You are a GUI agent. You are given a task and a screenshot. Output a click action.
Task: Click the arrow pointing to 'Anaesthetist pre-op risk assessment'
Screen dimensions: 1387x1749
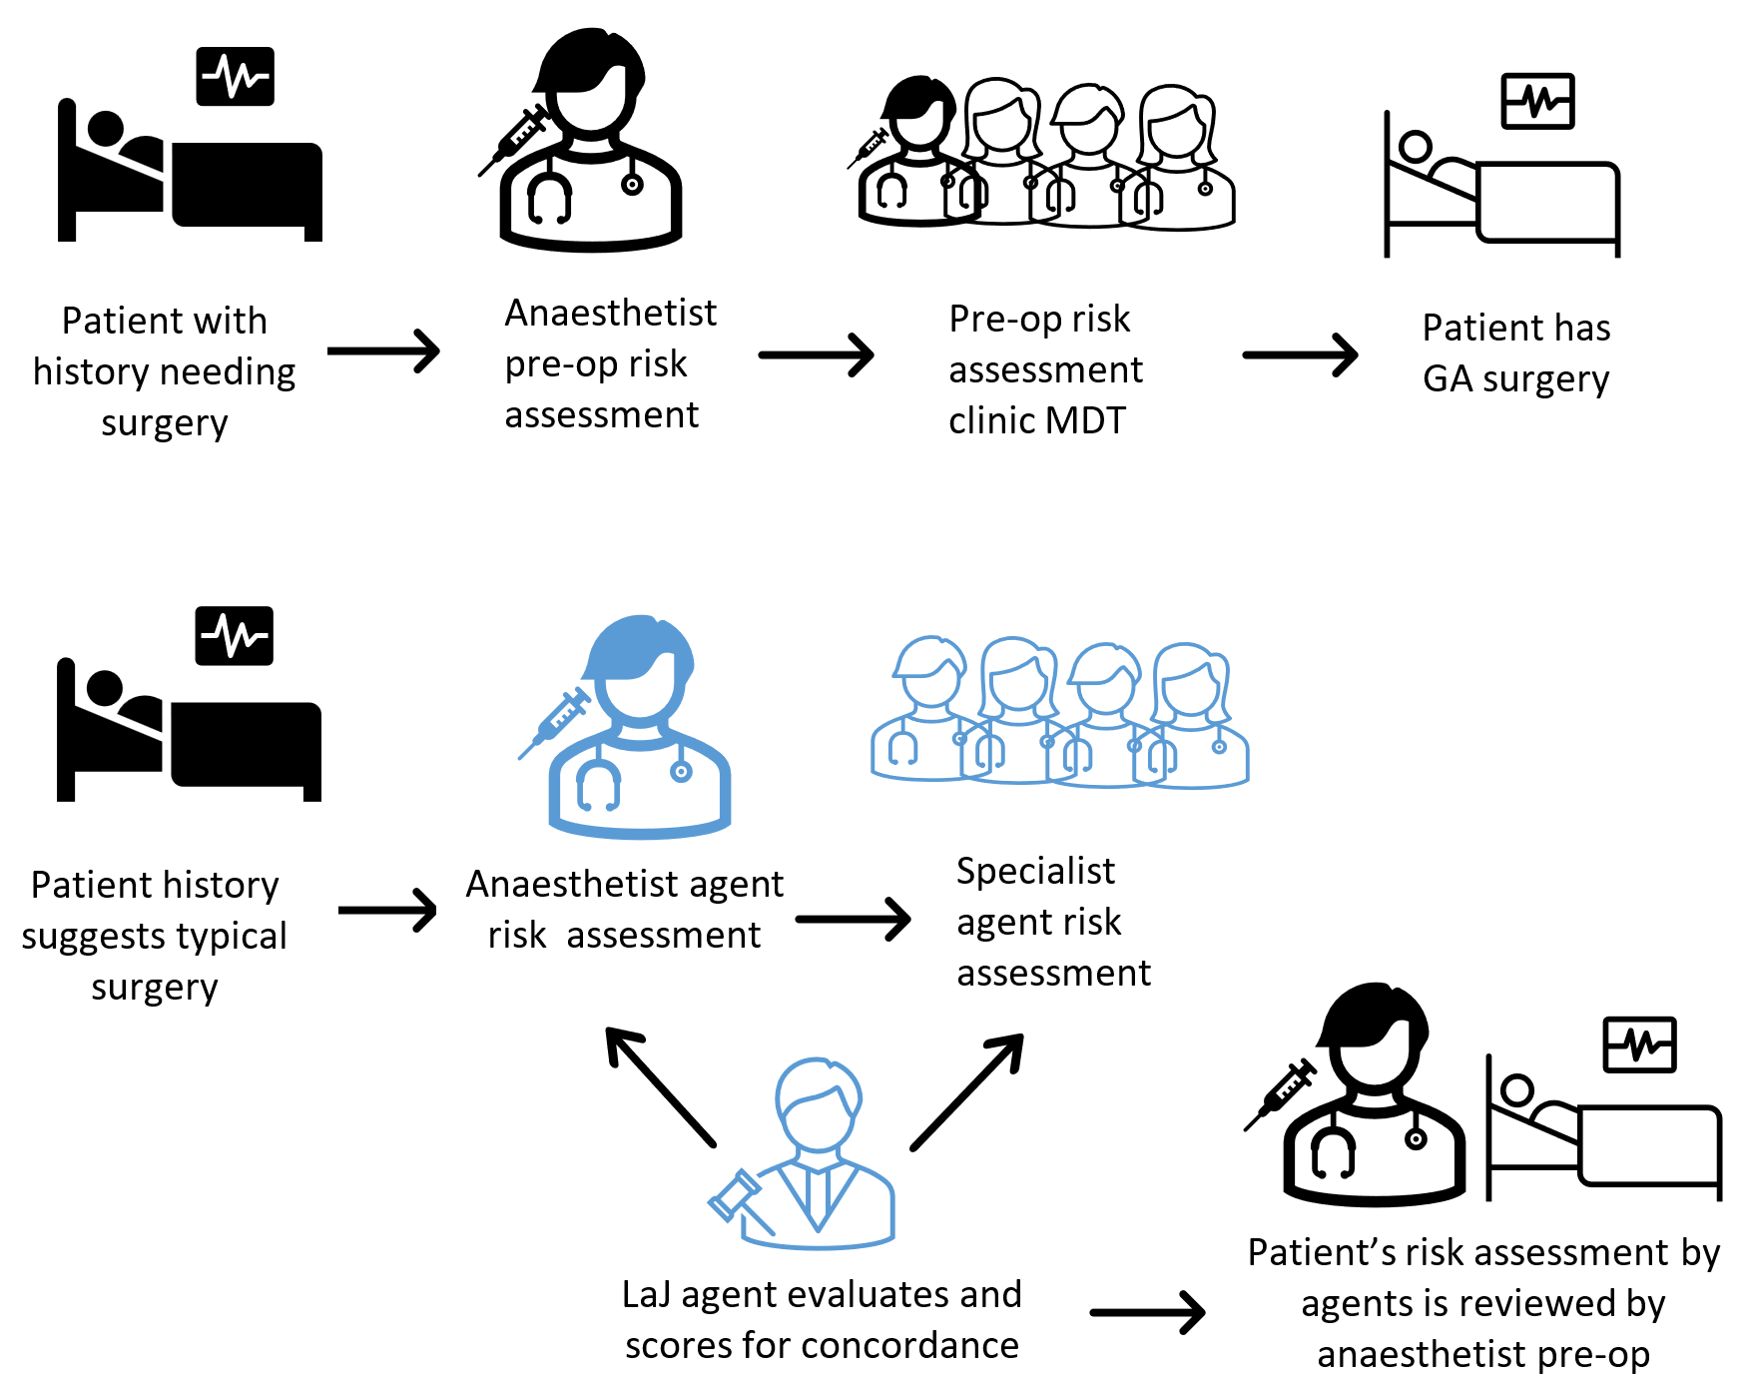pyautogui.click(x=384, y=351)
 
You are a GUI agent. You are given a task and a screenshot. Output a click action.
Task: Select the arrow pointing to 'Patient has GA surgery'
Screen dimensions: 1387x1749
pyautogui.click(x=1300, y=354)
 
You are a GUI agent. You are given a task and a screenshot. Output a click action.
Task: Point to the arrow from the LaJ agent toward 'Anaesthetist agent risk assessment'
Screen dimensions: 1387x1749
pyautogui.click(x=660, y=1086)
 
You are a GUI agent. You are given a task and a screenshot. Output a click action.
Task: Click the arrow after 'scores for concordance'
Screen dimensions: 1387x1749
pyautogui.click(x=1147, y=1312)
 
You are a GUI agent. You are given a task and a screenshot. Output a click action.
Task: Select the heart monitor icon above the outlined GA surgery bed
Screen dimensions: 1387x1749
pyautogui.click(x=1537, y=102)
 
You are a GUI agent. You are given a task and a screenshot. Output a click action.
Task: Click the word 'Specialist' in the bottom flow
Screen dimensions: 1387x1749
pyautogui.click(x=1035, y=871)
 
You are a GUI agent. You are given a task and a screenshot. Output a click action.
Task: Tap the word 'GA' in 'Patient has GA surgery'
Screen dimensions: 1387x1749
pyautogui.click(x=1448, y=379)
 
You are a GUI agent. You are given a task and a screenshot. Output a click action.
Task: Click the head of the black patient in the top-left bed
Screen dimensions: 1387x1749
pyautogui.click(x=105, y=130)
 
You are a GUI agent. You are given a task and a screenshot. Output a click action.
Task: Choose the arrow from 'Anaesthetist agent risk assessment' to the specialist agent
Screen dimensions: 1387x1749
pyautogui.click(x=853, y=919)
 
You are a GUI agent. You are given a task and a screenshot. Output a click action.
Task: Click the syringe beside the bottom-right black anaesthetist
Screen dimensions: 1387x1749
pyautogui.click(x=1280, y=1094)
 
